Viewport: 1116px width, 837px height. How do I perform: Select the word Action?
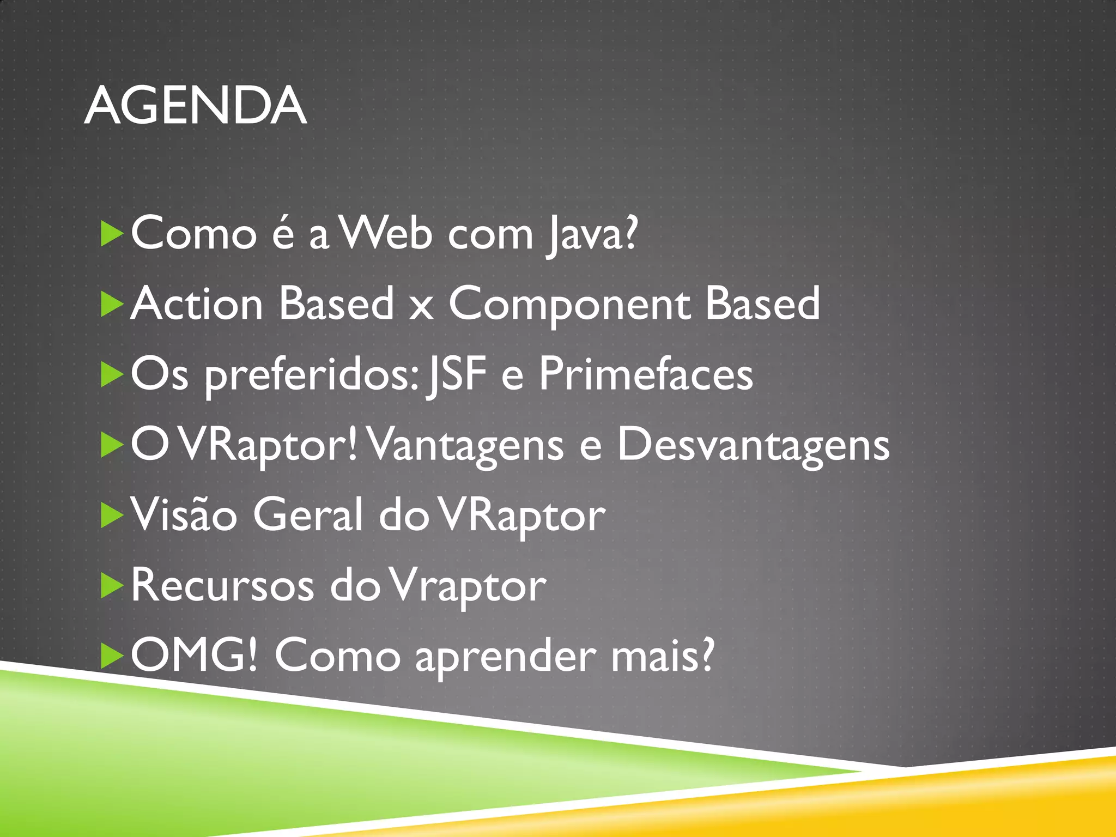coord(197,304)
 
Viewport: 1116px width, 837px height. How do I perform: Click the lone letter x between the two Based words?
coord(421,308)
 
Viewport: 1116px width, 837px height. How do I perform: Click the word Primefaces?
coord(646,375)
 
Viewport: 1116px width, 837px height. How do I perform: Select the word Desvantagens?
coord(753,446)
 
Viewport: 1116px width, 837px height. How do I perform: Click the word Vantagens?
coord(466,446)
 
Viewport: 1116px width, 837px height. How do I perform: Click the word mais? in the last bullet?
coord(662,656)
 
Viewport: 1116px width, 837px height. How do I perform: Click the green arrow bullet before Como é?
coord(112,234)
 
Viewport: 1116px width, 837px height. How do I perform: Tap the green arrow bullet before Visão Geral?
coord(112,515)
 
